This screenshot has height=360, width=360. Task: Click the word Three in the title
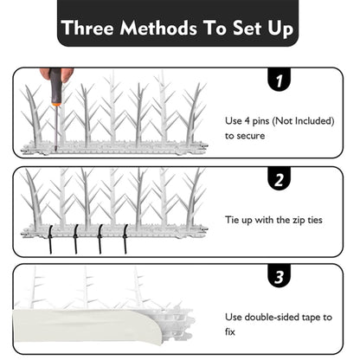pyautogui.click(x=88, y=28)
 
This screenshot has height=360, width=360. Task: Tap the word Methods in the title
pyautogui.click(x=158, y=28)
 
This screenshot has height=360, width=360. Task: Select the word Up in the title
pyautogui.click(x=280, y=29)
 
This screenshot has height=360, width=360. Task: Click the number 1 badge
pyautogui.click(x=279, y=80)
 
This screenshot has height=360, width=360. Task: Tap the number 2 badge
pyautogui.click(x=279, y=179)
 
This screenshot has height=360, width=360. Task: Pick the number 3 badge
pyautogui.click(x=279, y=276)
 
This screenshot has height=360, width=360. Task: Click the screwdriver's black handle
pyautogui.click(x=55, y=84)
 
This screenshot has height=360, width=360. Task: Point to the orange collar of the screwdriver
pyautogui.click(x=56, y=103)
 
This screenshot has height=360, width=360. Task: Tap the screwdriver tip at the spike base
pyautogui.click(x=56, y=150)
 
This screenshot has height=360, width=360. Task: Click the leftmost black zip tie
pyautogui.click(x=49, y=240)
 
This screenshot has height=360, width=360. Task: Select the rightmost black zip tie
pyautogui.click(x=125, y=239)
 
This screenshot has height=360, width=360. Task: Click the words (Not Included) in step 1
pyautogui.click(x=303, y=121)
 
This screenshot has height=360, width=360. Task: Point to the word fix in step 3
pyautogui.click(x=230, y=331)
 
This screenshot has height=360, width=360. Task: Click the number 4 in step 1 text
pyautogui.click(x=247, y=121)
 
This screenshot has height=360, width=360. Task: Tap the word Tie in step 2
pyautogui.click(x=233, y=220)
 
